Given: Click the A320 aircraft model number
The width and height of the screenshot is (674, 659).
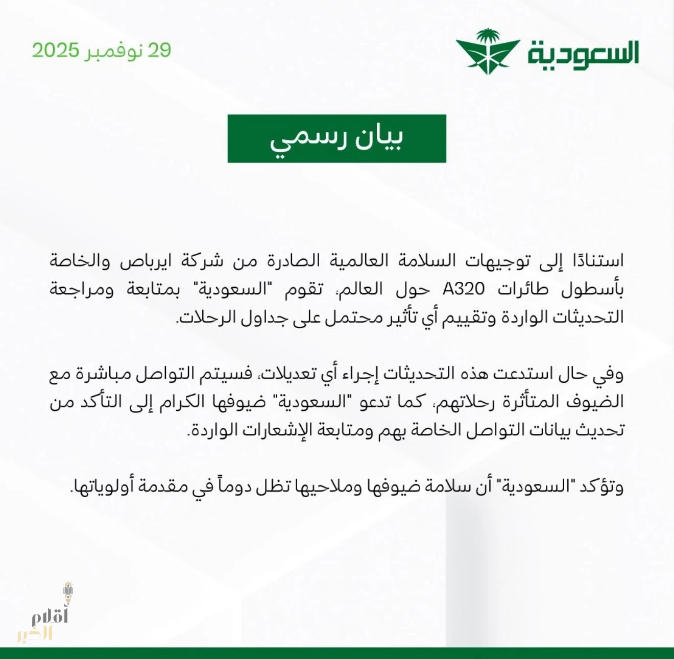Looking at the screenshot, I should pos(464,289).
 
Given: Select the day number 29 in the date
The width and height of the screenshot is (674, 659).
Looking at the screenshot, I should pos(159,51).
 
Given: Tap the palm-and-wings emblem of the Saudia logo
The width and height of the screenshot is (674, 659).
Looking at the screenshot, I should pos(488,52).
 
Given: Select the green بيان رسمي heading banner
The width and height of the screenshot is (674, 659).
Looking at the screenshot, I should pos(336,138).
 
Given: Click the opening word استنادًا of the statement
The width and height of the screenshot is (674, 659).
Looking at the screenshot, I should pos(592,261).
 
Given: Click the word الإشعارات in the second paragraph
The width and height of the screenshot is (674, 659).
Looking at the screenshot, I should pos(275,430).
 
